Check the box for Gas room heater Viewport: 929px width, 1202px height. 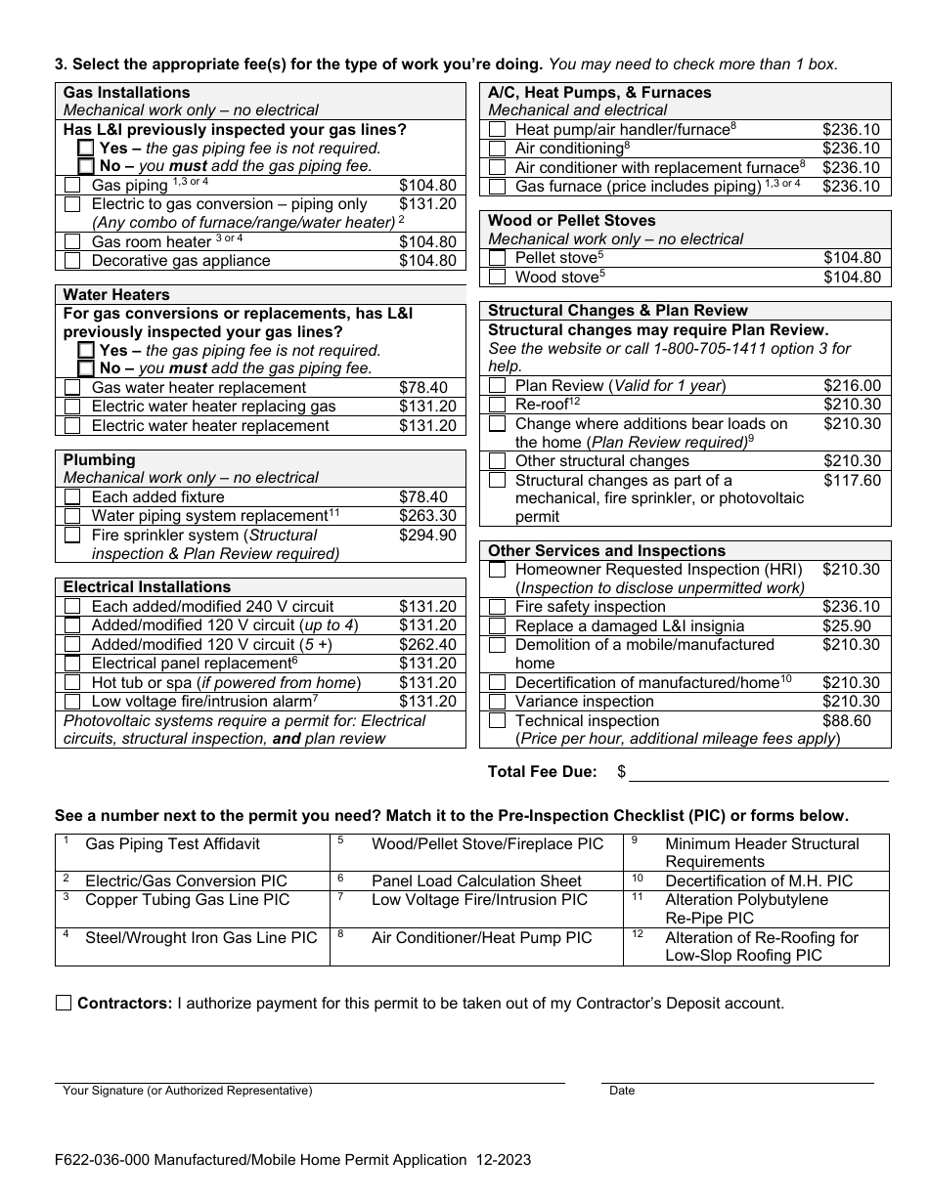click(x=72, y=241)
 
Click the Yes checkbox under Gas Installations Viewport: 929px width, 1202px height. click(x=86, y=149)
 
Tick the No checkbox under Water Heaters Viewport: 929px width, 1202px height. click(x=86, y=368)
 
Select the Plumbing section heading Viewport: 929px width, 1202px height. click(x=100, y=459)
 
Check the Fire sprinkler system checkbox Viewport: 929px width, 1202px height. click(x=72, y=536)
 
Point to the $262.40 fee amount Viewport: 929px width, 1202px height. click(x=427, y=645)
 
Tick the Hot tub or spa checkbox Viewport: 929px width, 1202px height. click(x=72, y=683)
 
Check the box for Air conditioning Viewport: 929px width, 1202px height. click(x=498, y=149)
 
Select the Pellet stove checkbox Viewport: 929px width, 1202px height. click(x=498, y=258)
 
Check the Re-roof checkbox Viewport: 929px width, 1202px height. click(x=498, y=405)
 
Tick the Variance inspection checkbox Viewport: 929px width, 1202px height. click(x=498, y=702)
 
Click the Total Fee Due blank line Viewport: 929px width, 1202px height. click(x=758, y=772)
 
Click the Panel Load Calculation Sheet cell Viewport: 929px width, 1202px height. click(x=476, y=880)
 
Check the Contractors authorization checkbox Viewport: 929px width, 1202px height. click(x=64, y=1003)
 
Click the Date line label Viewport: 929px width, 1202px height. click(x=622, y=1091)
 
